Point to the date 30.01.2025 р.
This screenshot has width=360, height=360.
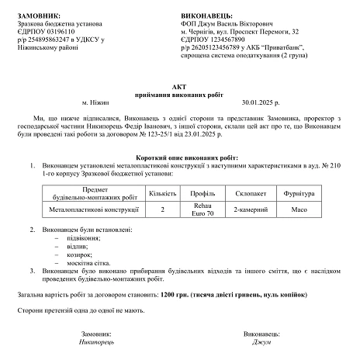[265, 101]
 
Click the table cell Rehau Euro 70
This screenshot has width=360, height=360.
[202, 209]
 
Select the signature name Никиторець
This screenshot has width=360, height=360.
[96, 341]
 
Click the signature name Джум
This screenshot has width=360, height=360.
[261, 341]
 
